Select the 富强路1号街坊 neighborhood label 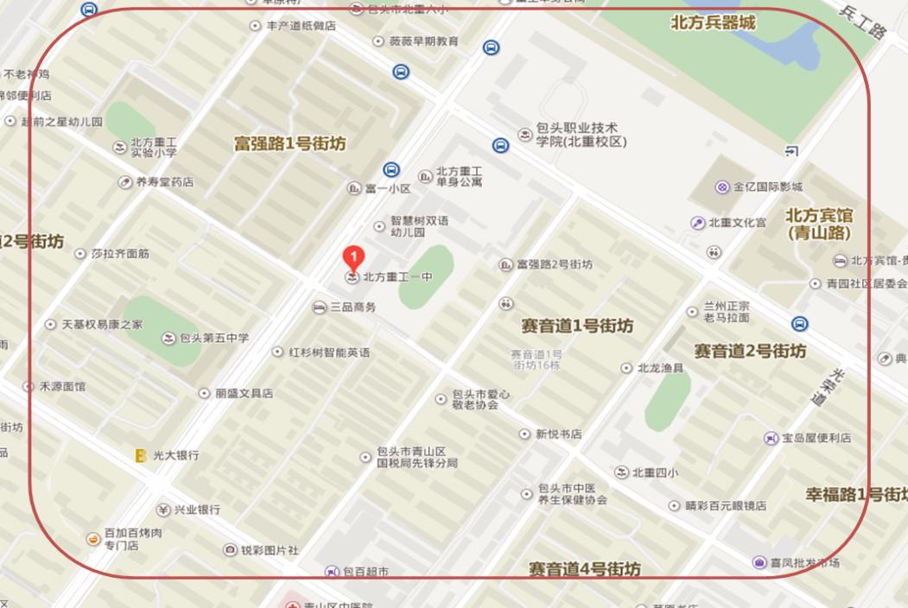pyautogui.click(x=289, y=144)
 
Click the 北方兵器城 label pyautogui.click(x=713, y=23)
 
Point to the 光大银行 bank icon pyautogui.click(x=140, y=455)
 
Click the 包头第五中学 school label pyautogui.click(x=214, y=338)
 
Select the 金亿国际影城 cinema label pyautogui.click(x=767, y=187)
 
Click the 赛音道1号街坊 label pyautogui.click(x=577, y=326)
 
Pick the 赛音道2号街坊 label pyautogui.click(x=750, y=351)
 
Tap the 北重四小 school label pyautogui.click(x=655, y=472)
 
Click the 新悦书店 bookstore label pyautogui.click(x=558, y=434)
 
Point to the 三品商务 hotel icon pyautogui.click(x=319, y=307)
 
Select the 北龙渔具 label pyautogui.click(x=660, y=368)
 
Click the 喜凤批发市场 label pyautogui.click(x=803, y=563)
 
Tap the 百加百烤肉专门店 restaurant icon pyautogui.click(x=93, y=539)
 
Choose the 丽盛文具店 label pyautogui.click(x=244, y=393)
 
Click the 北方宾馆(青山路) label pyautogui.click(x=819, y=224)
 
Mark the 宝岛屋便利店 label pyautogui.click(x=816, y=438)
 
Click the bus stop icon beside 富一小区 pyautogui.click(x=391, y=169)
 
